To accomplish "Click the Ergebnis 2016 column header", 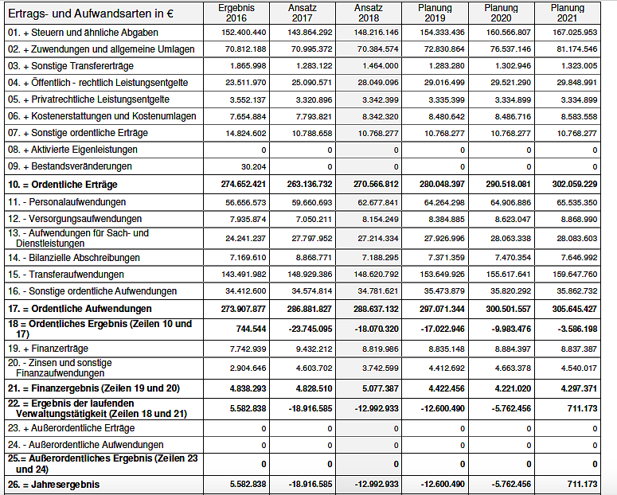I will click(236, 13).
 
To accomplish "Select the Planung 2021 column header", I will click(567, 13).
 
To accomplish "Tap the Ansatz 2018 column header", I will click(369, 13).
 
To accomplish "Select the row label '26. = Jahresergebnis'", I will click(56, 484).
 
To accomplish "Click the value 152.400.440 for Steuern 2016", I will click(244, 33).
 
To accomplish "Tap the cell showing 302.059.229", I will click(575, 184).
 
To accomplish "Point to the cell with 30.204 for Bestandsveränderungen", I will click(253, 166).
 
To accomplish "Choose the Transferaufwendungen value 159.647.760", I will click(575, 275).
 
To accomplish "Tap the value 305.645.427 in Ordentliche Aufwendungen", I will click(575, 308).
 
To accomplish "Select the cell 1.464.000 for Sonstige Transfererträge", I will click(381, 66).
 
